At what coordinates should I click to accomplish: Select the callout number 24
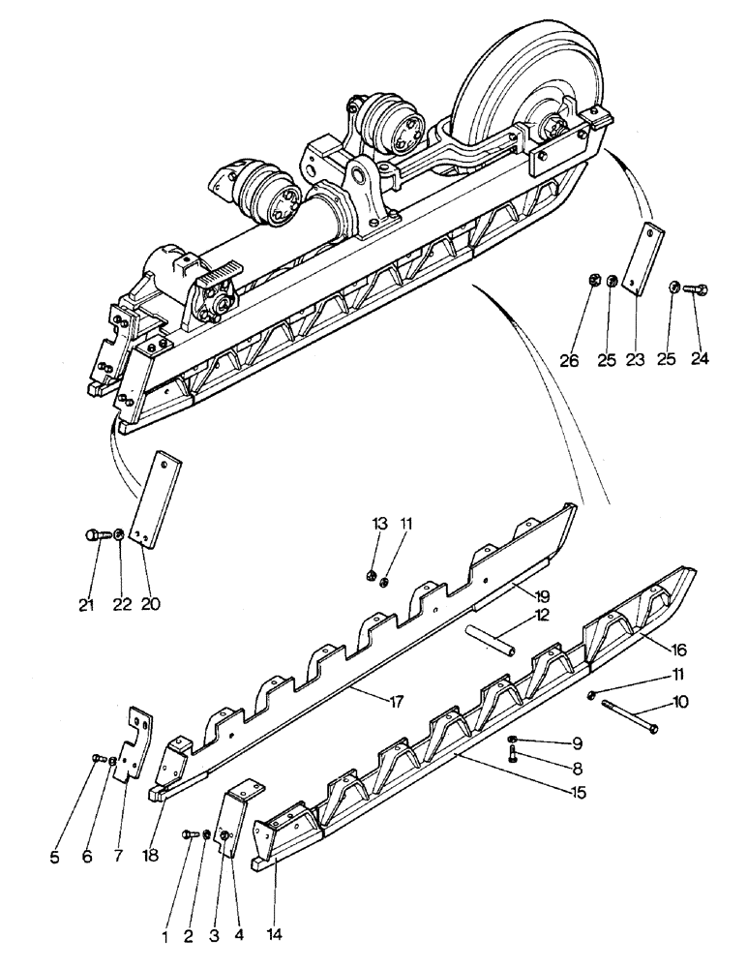tap(700, 359)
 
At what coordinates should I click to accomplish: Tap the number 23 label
tap(635, 359)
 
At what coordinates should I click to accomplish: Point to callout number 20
tap(150, 604)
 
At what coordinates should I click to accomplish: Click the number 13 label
tap(378, 524)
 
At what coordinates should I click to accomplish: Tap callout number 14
tap(277, 936)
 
